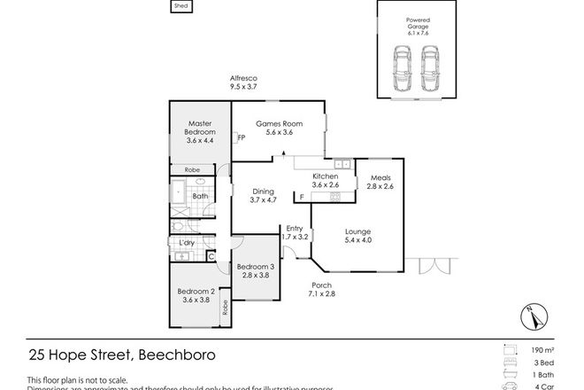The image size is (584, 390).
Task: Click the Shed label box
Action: pos(181,6)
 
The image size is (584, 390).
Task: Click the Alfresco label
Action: pos(242,84)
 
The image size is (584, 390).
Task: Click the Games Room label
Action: pos(274,128)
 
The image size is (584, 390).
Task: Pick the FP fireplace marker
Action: pos(241,137)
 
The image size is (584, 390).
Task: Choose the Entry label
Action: pos(294,233)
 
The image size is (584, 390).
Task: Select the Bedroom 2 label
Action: pos(196,295)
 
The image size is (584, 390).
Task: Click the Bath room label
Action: pos(200,196)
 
